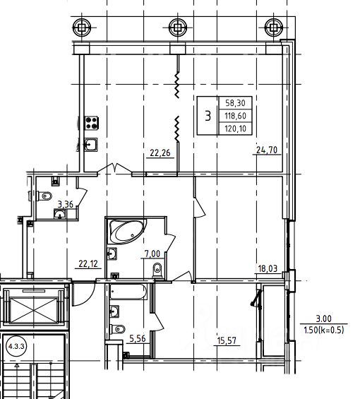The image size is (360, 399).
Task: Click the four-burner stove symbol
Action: pos(92,123)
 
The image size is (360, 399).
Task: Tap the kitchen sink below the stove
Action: pos(91,145)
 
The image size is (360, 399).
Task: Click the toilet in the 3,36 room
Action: pos(44,196)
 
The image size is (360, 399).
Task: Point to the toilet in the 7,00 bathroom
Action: pos(157,270)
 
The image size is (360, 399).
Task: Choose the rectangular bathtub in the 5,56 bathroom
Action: pos(128,292)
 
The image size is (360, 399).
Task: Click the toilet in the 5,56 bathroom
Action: pos(118,329)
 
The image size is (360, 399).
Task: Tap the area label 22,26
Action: pos(160,153)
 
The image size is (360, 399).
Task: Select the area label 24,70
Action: pos(267,150)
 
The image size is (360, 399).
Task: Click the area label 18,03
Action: pos(268,268)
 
